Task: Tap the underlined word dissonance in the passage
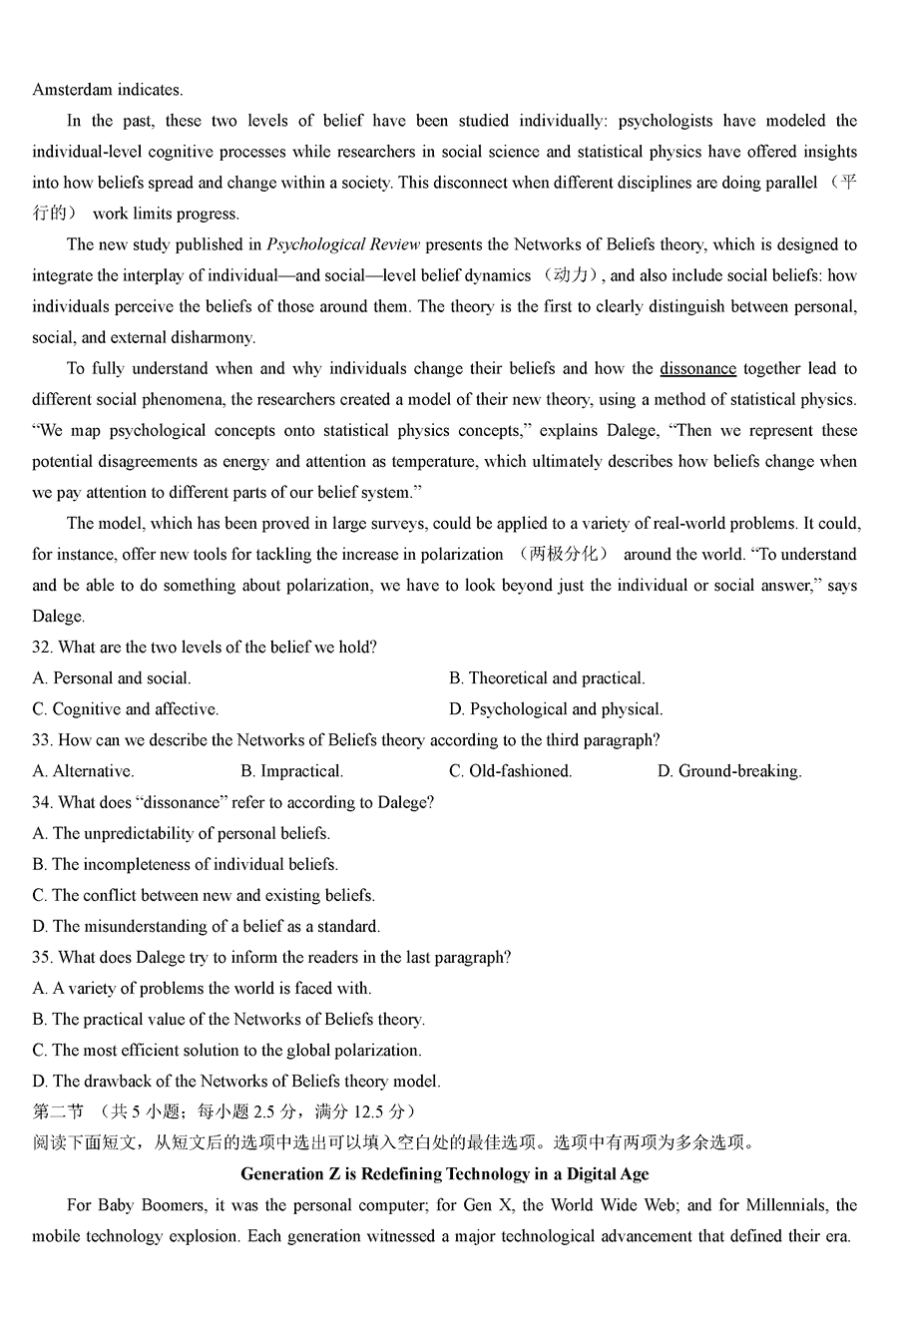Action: [x=697, y=368]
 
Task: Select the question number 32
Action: [x=42, y=647]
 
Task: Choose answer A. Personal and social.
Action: [x=112, y=678]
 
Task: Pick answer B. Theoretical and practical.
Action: [x=547, y=678]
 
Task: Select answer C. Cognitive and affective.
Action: [x=126, y=709]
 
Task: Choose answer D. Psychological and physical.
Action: [x=556, y=709]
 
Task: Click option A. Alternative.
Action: [x=84, y=771]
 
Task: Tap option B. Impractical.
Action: [x=291, y=771]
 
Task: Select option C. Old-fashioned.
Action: [x=510, y=771]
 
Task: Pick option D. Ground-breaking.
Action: [x=729, y=771]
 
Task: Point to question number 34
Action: [x=42, y=802]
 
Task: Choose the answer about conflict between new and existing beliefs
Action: [x=204, y=895]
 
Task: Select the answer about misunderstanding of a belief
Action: [x=207, y=926]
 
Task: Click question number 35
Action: [x=42, y=957]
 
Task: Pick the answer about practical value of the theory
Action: [x=228, y=1019]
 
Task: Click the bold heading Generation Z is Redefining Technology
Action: [x=445, y=1173]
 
